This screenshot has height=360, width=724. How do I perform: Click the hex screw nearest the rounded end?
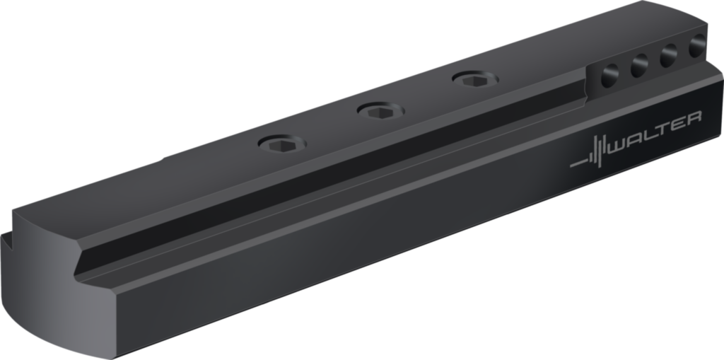pos(281,145)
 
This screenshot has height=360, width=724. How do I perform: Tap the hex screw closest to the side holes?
pos(475,79)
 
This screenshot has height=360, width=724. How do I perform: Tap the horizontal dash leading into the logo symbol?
pos(579,163)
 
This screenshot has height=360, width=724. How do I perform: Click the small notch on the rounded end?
pos(8,244)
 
